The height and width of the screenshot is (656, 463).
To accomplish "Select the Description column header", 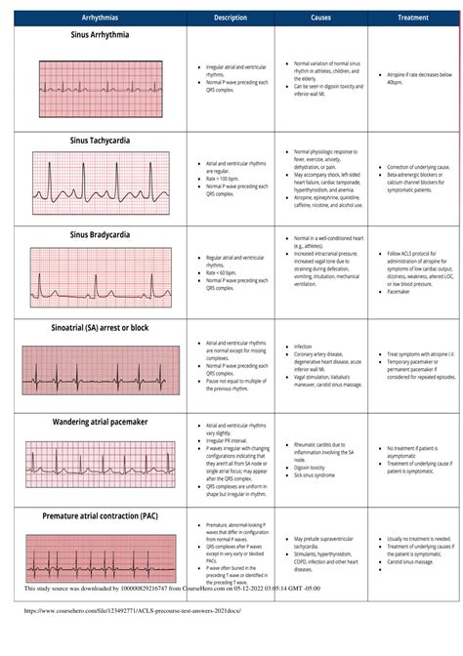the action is click(231, 18).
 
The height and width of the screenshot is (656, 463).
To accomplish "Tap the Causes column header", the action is click(320, 18).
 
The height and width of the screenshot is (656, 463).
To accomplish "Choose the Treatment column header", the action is click(414, 18).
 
